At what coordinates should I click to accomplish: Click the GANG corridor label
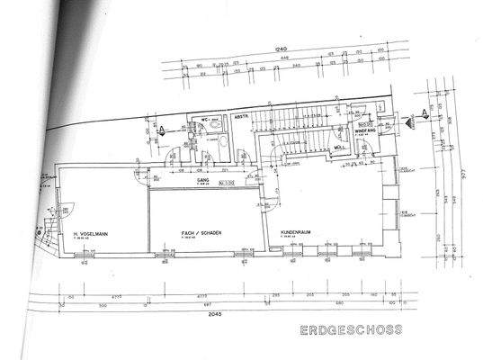(x=202, y=180)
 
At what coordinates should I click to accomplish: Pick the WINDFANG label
(x=365, y=131)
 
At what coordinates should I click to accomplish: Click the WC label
(x=205, y=119)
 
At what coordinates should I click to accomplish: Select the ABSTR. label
(x=242, y=118)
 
